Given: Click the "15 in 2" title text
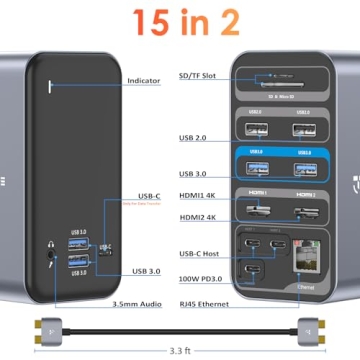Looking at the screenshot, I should [179, 20].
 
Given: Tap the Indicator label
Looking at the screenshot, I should [145, 80].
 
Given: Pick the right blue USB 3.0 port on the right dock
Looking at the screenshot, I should [304, 168].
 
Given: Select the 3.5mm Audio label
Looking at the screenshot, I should [143, 300].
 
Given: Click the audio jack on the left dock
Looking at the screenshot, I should [46, 254].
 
